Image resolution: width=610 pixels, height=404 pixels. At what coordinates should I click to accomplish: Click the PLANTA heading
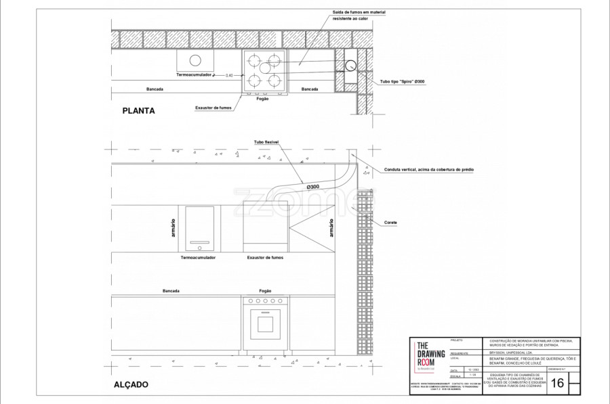point(139,110)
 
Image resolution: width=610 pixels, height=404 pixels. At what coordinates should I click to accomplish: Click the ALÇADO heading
point(131,384)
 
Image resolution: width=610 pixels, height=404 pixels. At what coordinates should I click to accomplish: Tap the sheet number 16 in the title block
point(558,383)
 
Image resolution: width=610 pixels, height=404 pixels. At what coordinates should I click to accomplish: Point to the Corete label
point(390,222)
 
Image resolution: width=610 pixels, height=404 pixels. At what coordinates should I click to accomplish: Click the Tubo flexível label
point(267,142)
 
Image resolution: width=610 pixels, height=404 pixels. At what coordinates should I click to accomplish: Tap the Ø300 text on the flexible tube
point(312,186)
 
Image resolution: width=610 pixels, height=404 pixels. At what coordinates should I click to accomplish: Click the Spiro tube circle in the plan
point(350,66)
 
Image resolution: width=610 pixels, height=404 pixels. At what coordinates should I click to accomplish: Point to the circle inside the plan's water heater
point(196,60)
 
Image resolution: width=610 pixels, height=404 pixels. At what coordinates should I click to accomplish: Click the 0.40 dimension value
point(228,75)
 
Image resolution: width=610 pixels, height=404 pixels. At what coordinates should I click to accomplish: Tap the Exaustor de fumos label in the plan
point(214,108)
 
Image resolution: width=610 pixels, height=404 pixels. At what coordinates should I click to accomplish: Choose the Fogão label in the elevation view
point(264,291)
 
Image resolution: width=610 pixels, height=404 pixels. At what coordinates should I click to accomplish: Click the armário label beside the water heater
point(174,227)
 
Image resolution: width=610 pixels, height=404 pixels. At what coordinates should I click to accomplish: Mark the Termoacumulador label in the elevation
point(198,258)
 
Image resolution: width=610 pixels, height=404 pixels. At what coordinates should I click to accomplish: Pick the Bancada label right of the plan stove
point(310,89)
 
